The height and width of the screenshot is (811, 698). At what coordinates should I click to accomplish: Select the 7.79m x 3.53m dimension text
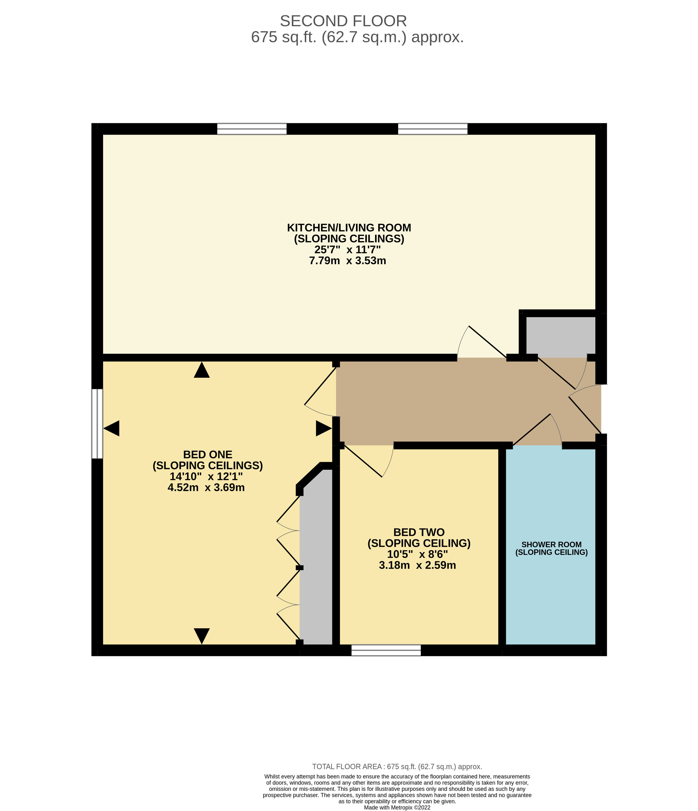(347, 261)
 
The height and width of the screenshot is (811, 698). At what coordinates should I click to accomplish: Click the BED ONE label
(207, 454)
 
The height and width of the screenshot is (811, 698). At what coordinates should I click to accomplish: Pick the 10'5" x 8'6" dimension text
(417, 554)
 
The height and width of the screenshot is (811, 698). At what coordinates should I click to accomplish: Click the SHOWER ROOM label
(551, 544)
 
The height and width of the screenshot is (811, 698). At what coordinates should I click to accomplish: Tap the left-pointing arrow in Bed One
(111, 429)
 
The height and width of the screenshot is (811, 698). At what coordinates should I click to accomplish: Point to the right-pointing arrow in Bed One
(323, 429)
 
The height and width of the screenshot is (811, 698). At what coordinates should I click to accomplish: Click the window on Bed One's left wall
(97, 424)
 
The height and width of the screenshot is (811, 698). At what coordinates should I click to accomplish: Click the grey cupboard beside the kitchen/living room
(560, 336)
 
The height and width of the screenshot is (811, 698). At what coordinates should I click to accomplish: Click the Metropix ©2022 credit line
(397, 807)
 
